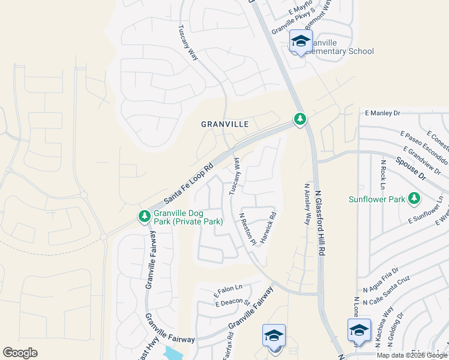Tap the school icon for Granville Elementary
[x=300, y=41]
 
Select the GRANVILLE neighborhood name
[x=225, y=124]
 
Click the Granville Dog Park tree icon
[x=144, y=216]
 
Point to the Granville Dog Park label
[x=188, y=217]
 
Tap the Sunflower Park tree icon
[x=414, y=198]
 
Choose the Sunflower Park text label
[x=376, y=199]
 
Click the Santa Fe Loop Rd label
[x=188, y=182]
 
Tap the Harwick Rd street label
[x=268, y=224]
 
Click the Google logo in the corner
[x=20, y=353]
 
